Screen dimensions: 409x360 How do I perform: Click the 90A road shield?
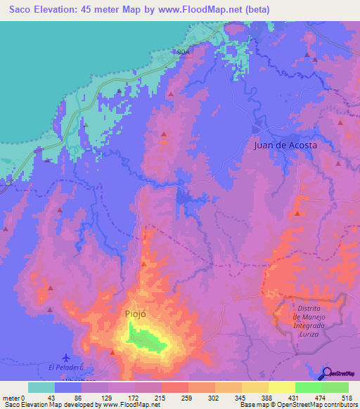182,52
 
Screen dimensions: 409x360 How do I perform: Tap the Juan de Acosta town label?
285,145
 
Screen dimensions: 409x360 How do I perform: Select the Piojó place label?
136,314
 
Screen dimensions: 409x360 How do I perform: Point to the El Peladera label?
66,367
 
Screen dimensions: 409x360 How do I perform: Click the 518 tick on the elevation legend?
346,397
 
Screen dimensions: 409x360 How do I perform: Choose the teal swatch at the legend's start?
41,387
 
